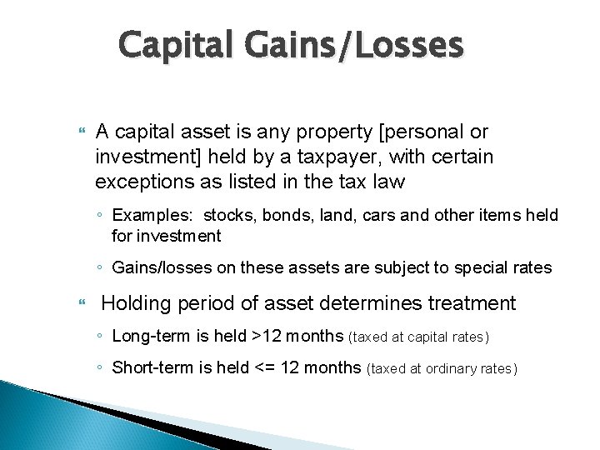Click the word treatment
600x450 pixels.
(473, 303)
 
